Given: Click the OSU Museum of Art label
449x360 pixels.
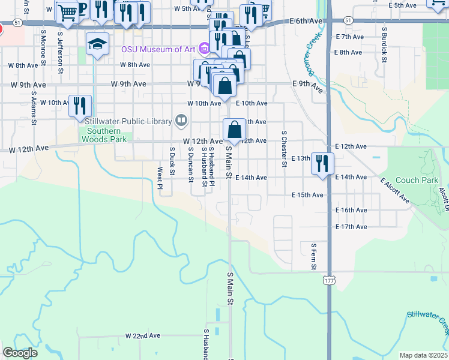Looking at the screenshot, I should coord(159,49).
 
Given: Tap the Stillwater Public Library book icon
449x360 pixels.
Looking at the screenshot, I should coord(181,121).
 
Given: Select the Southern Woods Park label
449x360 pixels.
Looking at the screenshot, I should coord(106,135).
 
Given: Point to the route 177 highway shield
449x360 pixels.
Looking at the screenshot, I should coord(328,280).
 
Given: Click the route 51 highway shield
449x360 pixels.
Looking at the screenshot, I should coord(19,22).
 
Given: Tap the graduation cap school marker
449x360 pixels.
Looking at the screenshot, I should coord(97,44).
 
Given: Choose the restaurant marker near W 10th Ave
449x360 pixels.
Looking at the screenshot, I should coord(80,105).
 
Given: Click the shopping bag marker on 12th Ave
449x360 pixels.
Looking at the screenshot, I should coord(234,129).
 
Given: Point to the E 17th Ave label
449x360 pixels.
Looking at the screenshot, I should coord(351,227).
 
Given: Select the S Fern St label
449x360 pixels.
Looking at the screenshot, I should coord(313,256).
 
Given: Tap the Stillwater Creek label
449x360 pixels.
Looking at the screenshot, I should coord(427,322).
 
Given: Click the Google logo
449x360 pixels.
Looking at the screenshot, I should coord(20,353).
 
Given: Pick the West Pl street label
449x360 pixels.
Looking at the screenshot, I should coord(160,178).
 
